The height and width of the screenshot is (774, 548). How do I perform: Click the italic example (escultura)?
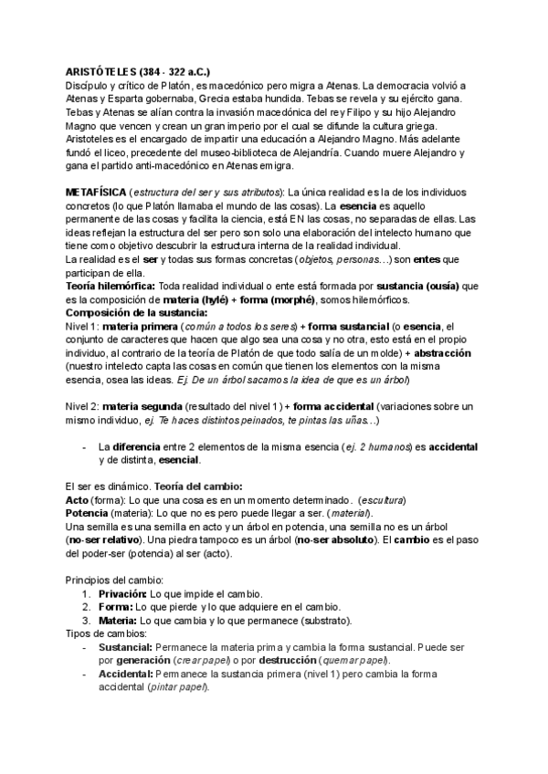click(x=383, y=502)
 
